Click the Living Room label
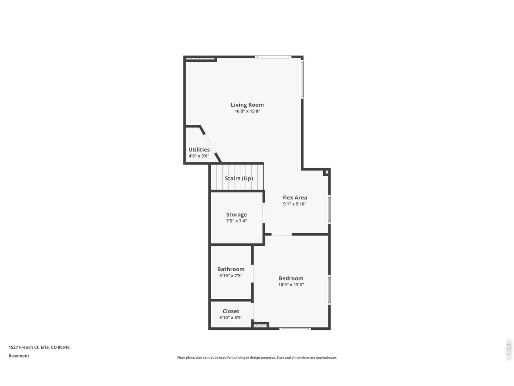pyautogui.click(x=247, y=105)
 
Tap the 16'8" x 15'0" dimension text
pyautogui.click(x=247, y=111)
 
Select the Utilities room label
pyautogui.click(x=199, y=150)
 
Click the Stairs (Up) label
pyautogui.click(x=239, y=179)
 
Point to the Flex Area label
pyautogui.click(x=295, y=197)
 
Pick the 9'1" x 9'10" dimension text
pyautogui.click(x=295, y=204)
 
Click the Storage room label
pyautogui.click(x=237, y=215)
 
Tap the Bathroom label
pyautogui.click(x=231, y=269)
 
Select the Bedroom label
pyautogui.click(x=291, y=278)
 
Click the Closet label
pyautogui.click(x=231, y=311)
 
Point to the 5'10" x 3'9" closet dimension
pyautogui.click(x=231, y=318)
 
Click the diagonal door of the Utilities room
pyautogui.click(x=210, y=144)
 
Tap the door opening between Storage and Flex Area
pyautogui.click(x=264, y=213)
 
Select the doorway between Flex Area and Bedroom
pyautogui.click(x=282, y=234)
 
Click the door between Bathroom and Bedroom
pyautogui.click(x=253, y=274)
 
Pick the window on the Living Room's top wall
pyautogui.click(x=273, y=57)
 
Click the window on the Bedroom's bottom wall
pyautogui.click(x=295, y=329)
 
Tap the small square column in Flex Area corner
pyautogui.click(x=326, y=172)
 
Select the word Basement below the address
pyautogui.click(x=19, y=356)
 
